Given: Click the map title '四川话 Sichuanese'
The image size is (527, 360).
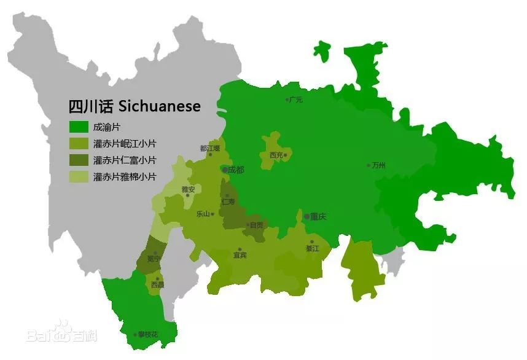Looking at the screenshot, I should tap(135, 106).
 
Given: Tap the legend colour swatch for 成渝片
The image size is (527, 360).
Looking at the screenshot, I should tap(78, 128).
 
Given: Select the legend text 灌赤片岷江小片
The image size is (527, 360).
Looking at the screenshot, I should tap(124, 144).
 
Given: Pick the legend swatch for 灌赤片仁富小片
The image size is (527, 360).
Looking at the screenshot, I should tap(78, 160).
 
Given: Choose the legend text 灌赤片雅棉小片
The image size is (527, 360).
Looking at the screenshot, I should tap(124, 177).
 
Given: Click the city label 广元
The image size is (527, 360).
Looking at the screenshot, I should tap(296, 100).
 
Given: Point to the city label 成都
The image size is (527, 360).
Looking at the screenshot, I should tap(236, 170).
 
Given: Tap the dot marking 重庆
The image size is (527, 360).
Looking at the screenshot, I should tap(306, 216).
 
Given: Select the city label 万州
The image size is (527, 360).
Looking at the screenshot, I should tap(378, 166).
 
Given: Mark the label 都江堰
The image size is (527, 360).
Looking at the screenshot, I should tap(209, 148).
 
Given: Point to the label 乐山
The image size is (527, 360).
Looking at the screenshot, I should tap(203, 214).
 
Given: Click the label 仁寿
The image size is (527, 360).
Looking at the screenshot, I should tap(228, 202).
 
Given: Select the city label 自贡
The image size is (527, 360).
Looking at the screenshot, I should tap(256, 225).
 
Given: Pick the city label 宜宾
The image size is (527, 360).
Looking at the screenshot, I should tap(240, 255).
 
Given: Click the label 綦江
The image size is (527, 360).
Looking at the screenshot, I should tap(313, 248).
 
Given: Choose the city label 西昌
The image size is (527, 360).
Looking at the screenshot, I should tap(157, 284).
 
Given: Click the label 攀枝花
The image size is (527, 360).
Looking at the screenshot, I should tap(147, 335).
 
